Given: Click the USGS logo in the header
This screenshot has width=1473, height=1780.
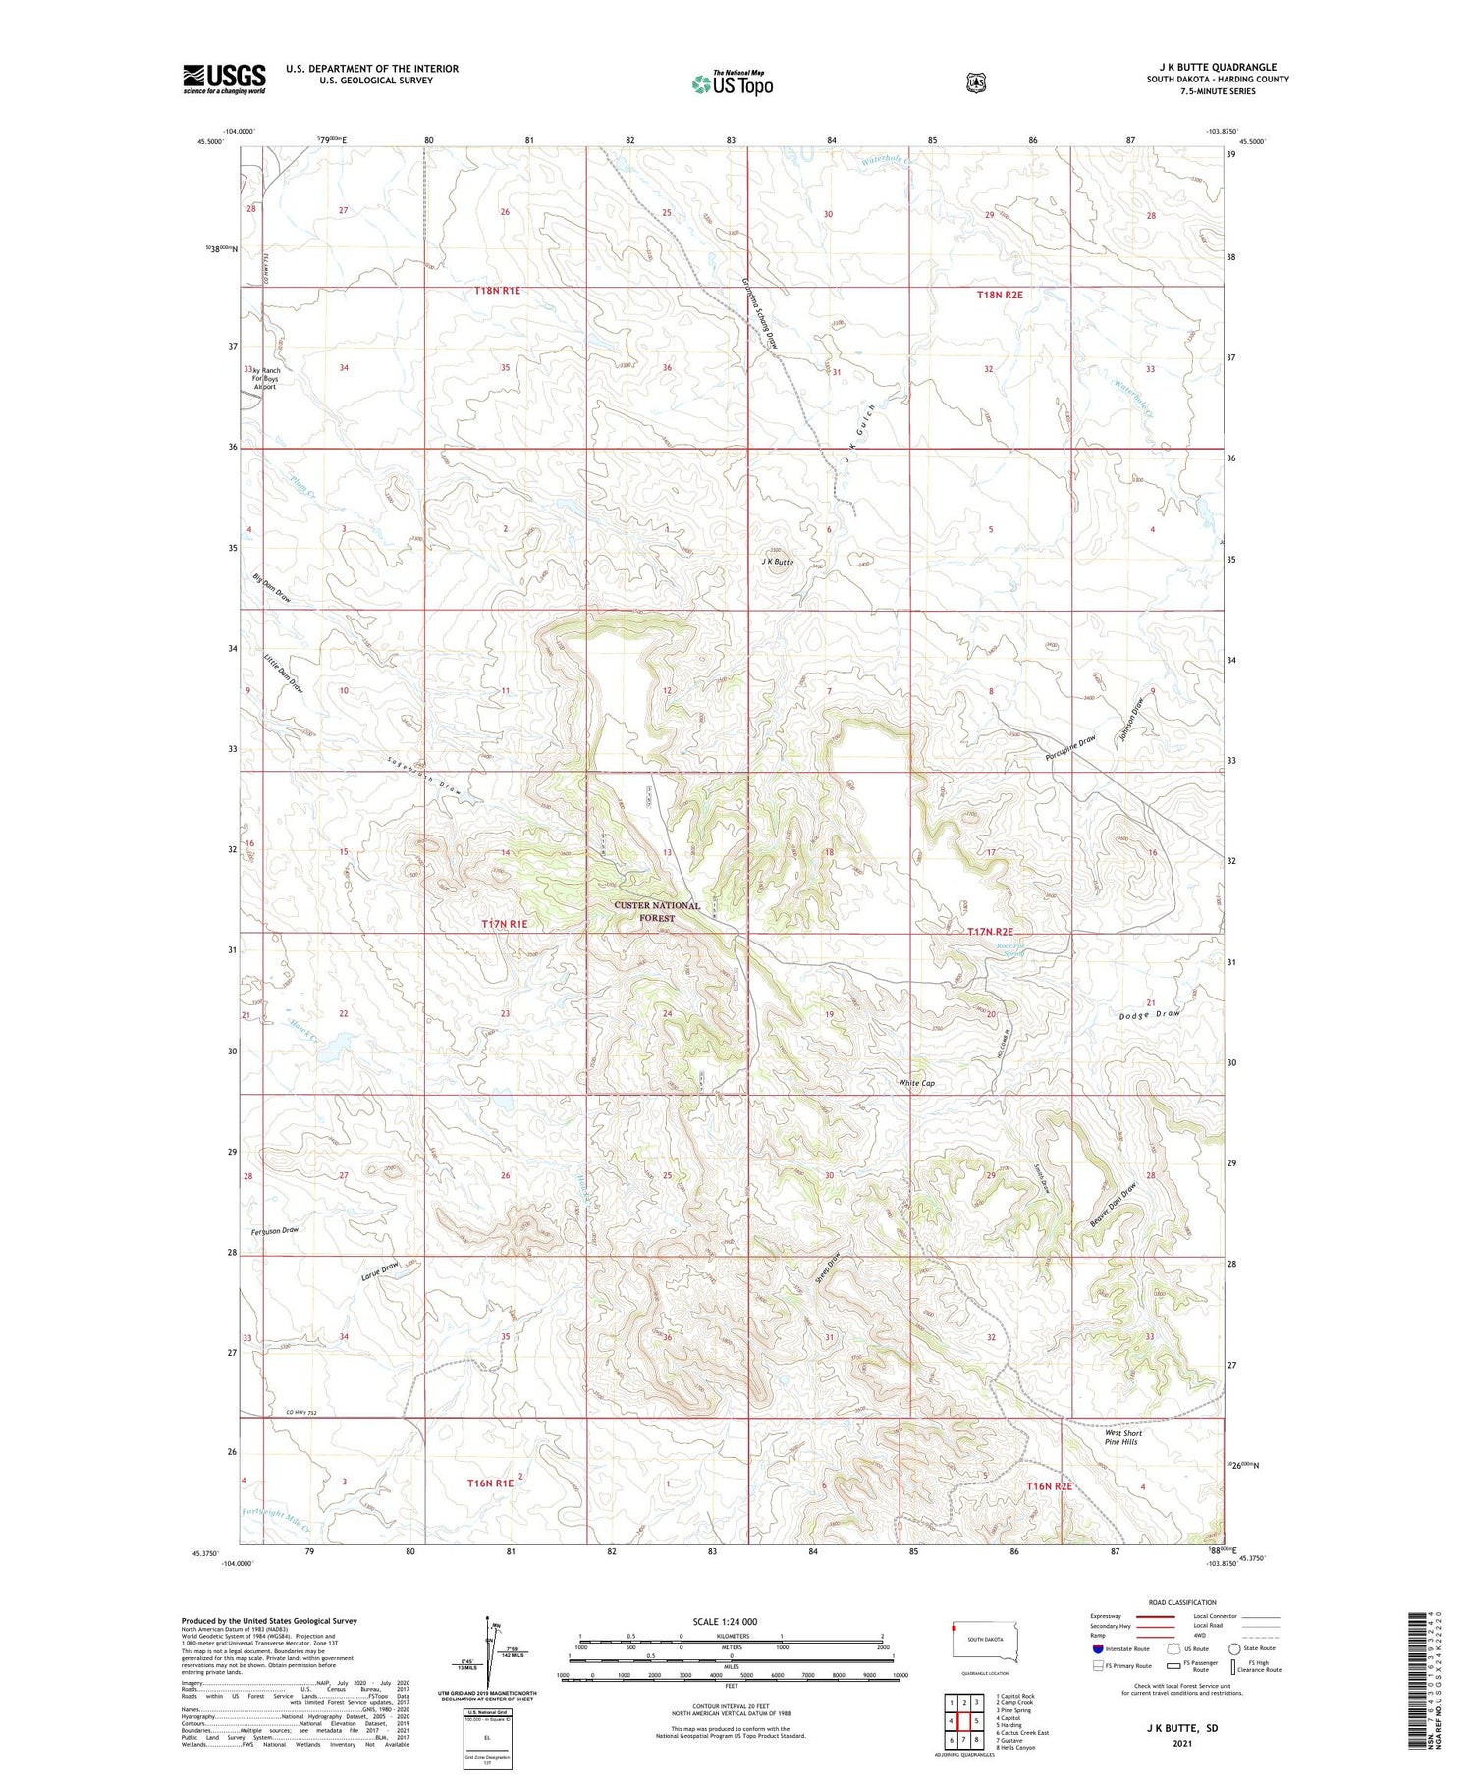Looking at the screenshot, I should click(224, 79).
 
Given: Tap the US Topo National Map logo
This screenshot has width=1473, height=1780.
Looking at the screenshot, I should click(732, 83).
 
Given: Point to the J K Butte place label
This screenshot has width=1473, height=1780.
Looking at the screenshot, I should click(777, 563).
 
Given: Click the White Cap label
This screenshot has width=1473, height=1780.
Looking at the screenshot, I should click(916, 1083).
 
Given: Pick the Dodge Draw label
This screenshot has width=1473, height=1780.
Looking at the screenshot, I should click(1149, 1015).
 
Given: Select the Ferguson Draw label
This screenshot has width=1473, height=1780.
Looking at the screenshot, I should click(274, 1230).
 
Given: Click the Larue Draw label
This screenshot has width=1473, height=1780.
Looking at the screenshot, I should click(379, 1269).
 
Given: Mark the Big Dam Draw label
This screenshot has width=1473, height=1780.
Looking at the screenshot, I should click(272, 589).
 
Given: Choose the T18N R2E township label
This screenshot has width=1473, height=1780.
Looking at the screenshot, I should click(1000, 295).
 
